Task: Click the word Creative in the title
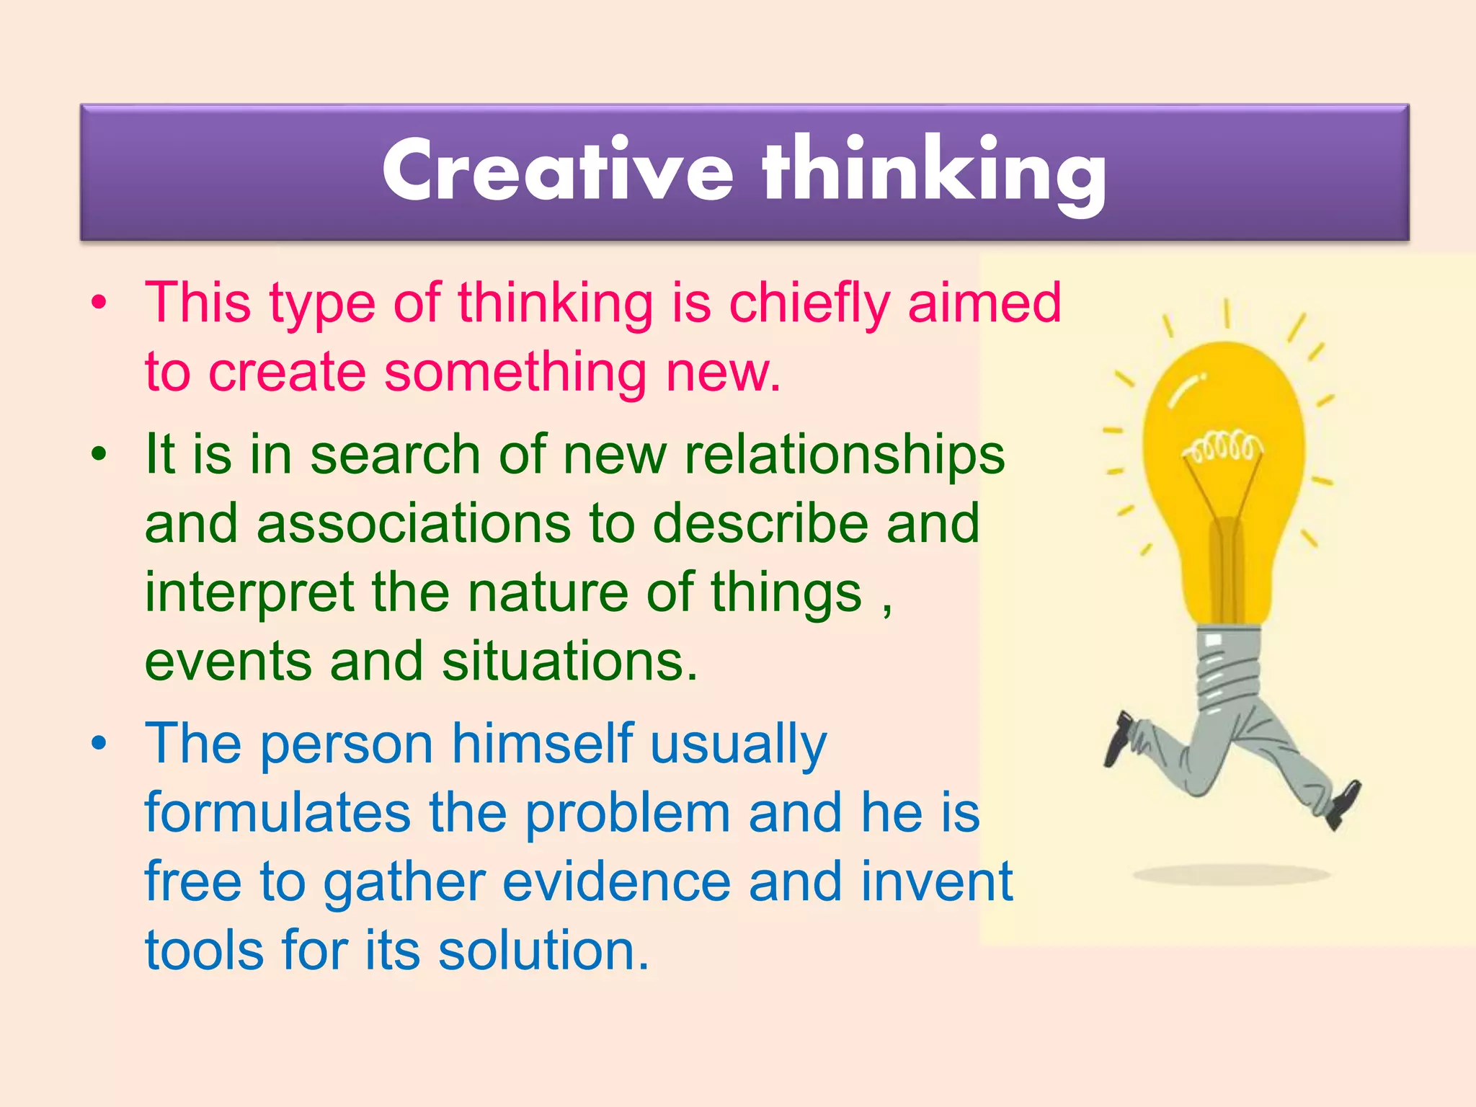tap(557, 172)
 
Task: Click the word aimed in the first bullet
tap(984, 303)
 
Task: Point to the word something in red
tap(515, 373)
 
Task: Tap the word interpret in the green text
tap(249, 593)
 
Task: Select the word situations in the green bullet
tap(569, 662)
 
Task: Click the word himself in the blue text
tap(542, 744)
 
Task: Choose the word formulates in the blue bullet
tap(277, 813)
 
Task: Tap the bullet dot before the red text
tap(99, 303)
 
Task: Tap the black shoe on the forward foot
tap(1343, 804)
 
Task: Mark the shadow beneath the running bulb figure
tap(1231, 875)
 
